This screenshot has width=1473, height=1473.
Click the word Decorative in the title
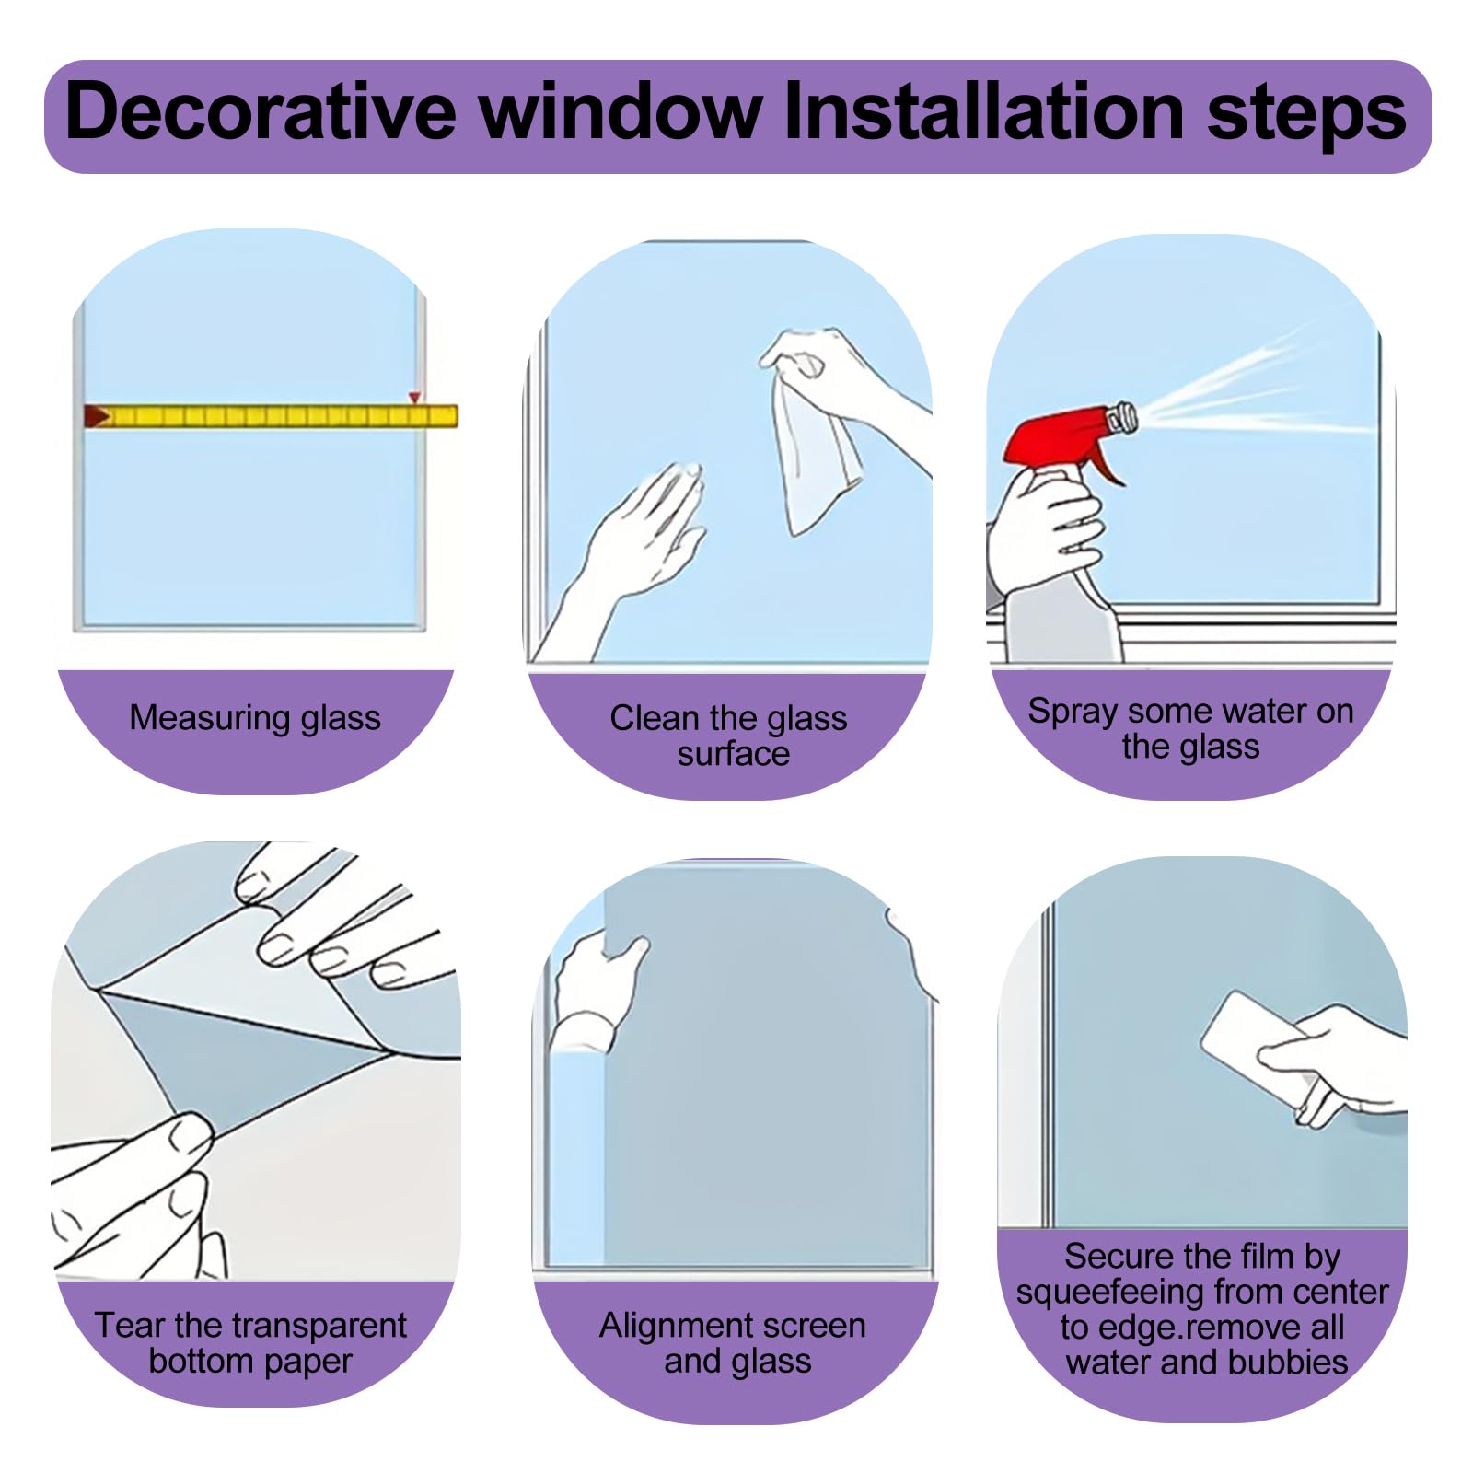pos(261,112)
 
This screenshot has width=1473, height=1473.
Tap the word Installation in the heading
pos(984,112)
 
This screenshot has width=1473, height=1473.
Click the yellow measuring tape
pos(272,416)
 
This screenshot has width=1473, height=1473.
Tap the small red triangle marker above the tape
pos(415,398)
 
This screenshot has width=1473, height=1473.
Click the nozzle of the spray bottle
pos(1123,418)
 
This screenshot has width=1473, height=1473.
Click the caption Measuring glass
pos(255,718)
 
